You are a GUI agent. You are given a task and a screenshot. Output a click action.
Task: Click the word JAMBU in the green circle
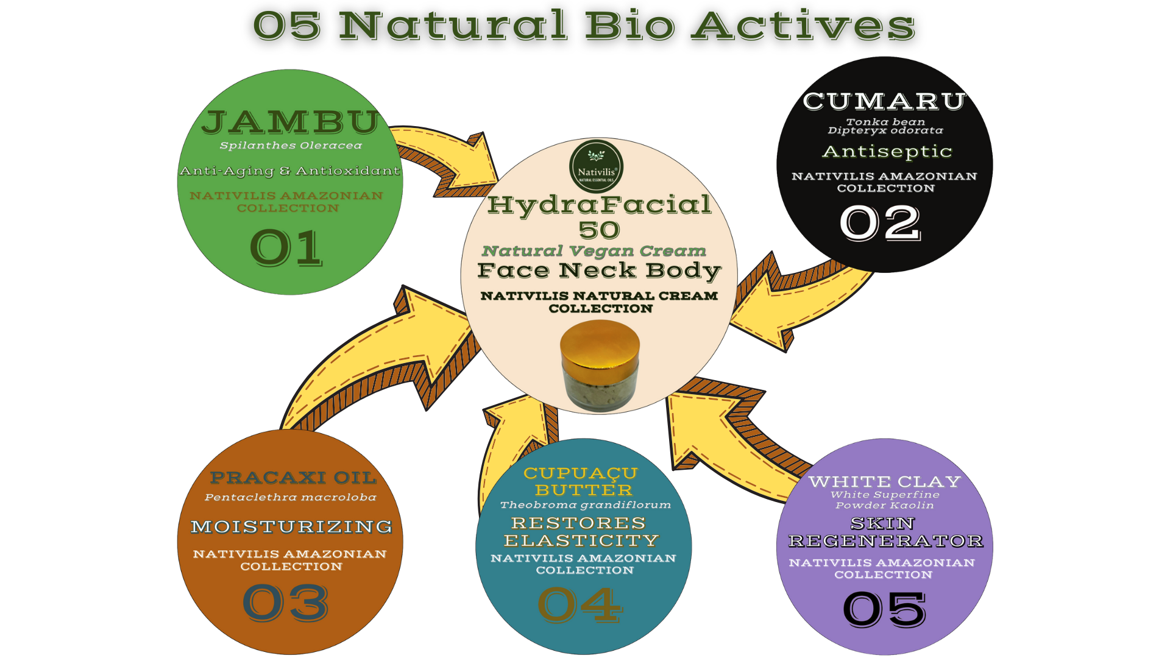[x=291, y=122]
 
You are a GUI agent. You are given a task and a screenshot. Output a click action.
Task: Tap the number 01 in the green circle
[x=286, y=248]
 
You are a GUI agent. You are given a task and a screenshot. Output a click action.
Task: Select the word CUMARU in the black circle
[x=884, y=101]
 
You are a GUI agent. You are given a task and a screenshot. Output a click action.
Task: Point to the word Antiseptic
[x=887, y=152]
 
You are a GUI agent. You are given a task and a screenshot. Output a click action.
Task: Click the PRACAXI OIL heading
[x=293, y=478]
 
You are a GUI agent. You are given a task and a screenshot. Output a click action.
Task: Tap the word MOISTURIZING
[x=291, y=526]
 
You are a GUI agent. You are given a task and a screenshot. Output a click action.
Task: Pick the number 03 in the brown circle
[x=286, y=603]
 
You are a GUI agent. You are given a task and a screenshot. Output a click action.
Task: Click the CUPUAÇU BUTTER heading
[x=581, y=482]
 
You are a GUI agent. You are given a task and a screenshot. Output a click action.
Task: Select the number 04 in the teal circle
[x=580, y=605]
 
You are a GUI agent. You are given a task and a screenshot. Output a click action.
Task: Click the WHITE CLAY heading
[x=884, y=482]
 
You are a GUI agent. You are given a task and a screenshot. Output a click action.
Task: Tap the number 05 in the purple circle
[x=884, y=609]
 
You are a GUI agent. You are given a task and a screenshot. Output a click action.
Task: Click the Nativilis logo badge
[x=596, y=166]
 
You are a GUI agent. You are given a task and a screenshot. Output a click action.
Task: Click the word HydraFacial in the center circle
[x=600, y=205]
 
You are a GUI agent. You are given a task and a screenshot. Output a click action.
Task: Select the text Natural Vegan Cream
[x=594, y=251]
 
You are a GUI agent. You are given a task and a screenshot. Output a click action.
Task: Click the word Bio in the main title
[x=630, y=26]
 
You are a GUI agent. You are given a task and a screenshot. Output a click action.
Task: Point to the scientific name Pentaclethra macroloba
[x=290, y=498]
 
